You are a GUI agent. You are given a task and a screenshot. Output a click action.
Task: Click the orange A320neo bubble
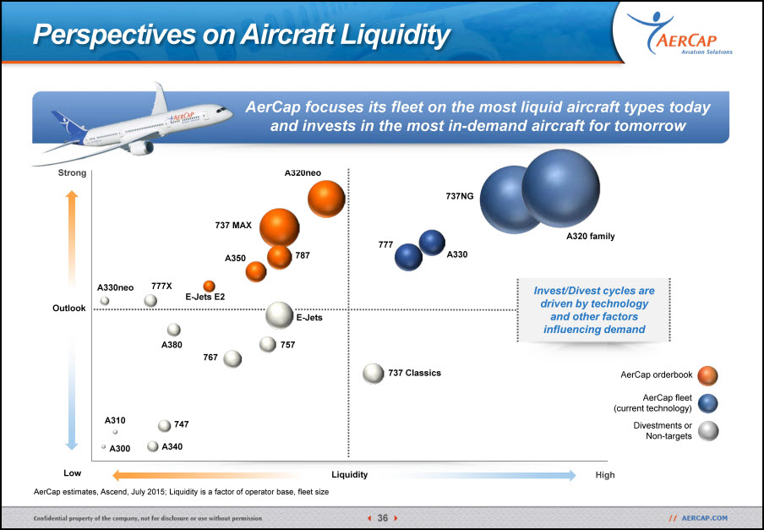coord(326,199)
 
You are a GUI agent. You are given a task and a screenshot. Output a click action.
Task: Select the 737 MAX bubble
coord(279,227)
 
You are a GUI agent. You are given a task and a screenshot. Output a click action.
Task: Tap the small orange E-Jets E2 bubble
coord(209,286)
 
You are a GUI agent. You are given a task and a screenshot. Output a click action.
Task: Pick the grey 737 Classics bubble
coord(374,374)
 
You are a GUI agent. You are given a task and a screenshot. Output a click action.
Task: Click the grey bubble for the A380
coord(174,330)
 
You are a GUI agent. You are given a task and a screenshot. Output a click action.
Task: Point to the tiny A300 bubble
coord(103,446)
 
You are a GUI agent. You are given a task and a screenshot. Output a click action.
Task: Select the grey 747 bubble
coord(165,426)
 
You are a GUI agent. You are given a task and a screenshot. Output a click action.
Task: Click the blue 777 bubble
coord(408,257)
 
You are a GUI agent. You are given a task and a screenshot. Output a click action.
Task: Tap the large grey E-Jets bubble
coord(279,315)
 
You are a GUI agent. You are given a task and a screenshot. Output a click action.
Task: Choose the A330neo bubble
coord(105,301)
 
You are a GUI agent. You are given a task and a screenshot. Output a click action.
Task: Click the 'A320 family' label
coord(591,236)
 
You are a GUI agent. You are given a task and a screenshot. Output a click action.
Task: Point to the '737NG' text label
coord(460,196)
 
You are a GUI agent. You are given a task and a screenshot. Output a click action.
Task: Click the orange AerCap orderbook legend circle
coord(707,375)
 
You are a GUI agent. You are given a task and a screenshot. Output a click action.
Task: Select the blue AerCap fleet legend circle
coord(707,403)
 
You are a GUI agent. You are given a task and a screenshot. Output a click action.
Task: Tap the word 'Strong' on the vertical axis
coord(72,173)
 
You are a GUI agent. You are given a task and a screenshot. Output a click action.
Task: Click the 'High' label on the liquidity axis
coord(605,475)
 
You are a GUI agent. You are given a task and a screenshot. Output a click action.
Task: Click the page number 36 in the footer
coord(383,518)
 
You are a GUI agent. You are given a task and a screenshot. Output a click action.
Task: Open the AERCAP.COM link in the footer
coord(705,518)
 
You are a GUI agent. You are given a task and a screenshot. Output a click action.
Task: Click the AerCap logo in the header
coord(679,34)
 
